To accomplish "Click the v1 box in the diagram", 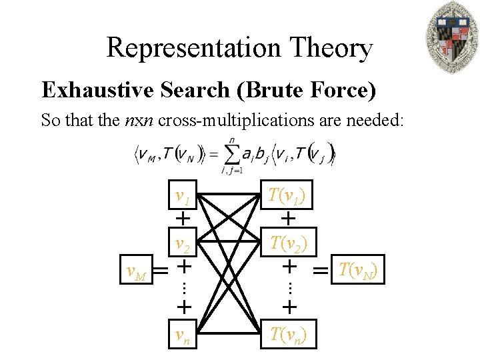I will pyautogui.click(x=181, y=197).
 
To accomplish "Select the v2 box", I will pyautogui.click(x=181, y=244).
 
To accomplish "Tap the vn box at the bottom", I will pyautogui.click(x=181, y=335).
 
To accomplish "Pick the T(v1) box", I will pyautogui.click(x=288, y=196).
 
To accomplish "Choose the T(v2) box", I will pyautogui.click(x=288, y=243).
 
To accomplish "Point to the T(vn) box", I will pyautogui.click(x=288, y=335).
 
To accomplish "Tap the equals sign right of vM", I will pyautogui.click(x=161, y=270).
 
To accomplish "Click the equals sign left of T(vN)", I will pyautogui.click(x=321, y=270).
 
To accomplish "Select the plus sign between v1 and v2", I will pyautogui.click(x=181, y=218).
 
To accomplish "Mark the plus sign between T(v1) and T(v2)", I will pyautogui.click(x=288, y=218).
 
